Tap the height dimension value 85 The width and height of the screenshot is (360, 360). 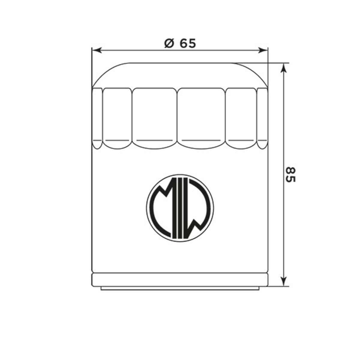291,175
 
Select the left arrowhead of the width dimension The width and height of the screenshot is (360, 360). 97,50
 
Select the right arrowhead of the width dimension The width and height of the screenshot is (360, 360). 263,50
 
